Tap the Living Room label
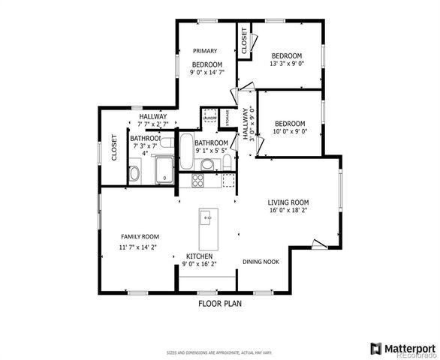pos(288,202)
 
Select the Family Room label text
pos(140,236)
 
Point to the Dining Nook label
pos(261,262)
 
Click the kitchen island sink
pos(206,218)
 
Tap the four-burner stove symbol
pos(198,180)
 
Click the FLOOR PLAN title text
pos(220,304)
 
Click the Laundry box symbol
pos(209,116)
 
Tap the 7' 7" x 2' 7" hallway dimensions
pos(152,124)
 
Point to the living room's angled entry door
pos(319,244)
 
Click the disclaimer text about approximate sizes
pos(218,352)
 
